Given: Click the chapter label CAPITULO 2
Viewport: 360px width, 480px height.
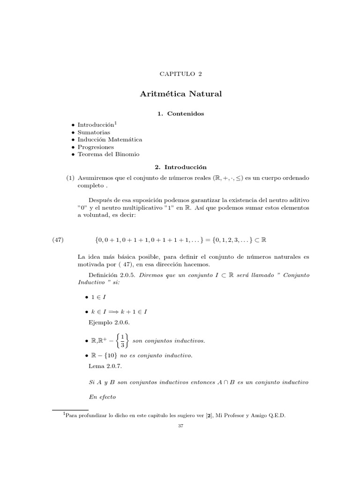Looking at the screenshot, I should [180, 74].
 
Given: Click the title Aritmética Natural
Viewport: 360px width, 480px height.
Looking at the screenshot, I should [180, 94].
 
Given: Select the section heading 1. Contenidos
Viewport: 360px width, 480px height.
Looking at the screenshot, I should [180, 113].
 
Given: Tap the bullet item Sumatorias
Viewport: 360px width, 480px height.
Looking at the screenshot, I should [94, 132].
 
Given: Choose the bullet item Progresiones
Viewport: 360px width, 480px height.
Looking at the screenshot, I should [96, 147].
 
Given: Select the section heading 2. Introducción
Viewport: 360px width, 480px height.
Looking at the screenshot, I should [180, 166].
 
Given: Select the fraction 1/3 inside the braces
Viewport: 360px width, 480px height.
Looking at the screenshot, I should [122, 341].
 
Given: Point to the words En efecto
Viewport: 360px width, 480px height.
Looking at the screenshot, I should [101, 397].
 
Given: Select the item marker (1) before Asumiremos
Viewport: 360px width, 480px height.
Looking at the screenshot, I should [70, 179].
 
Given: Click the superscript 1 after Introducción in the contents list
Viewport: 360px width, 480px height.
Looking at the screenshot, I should [116, 123].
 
